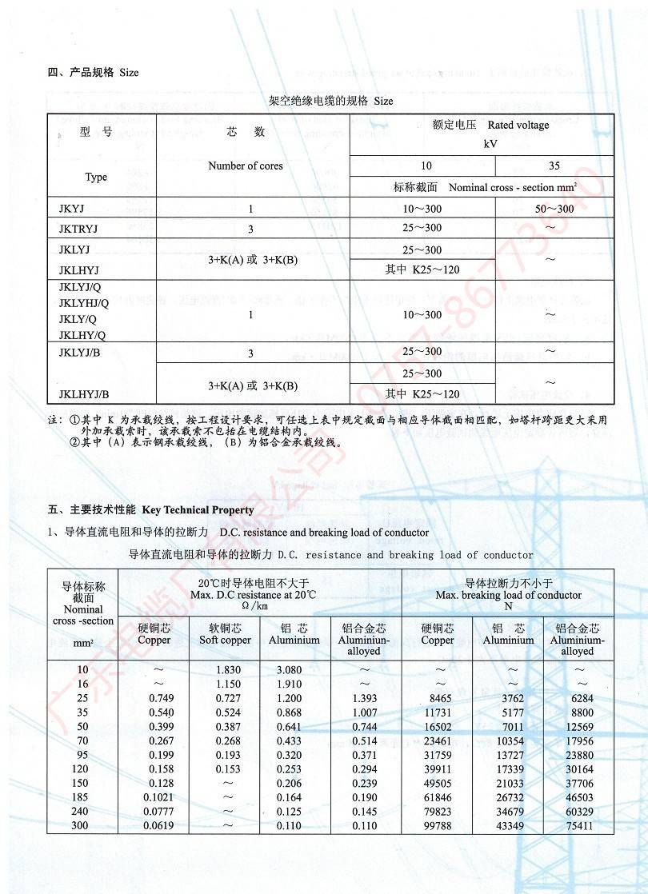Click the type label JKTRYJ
(78, 229)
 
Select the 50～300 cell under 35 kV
(554, 209)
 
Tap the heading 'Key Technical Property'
(198, 509)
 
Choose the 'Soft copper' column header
(225, 640)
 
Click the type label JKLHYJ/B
(84, 393)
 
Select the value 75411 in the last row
(578, 825)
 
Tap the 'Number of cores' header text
(246, 166)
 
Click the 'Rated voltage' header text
(518, 125)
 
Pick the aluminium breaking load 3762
(508, 698)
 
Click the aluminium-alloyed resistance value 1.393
(364, 698)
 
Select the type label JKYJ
(70, 209)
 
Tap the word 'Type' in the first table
(96, 177)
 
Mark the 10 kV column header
(426, 166)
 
